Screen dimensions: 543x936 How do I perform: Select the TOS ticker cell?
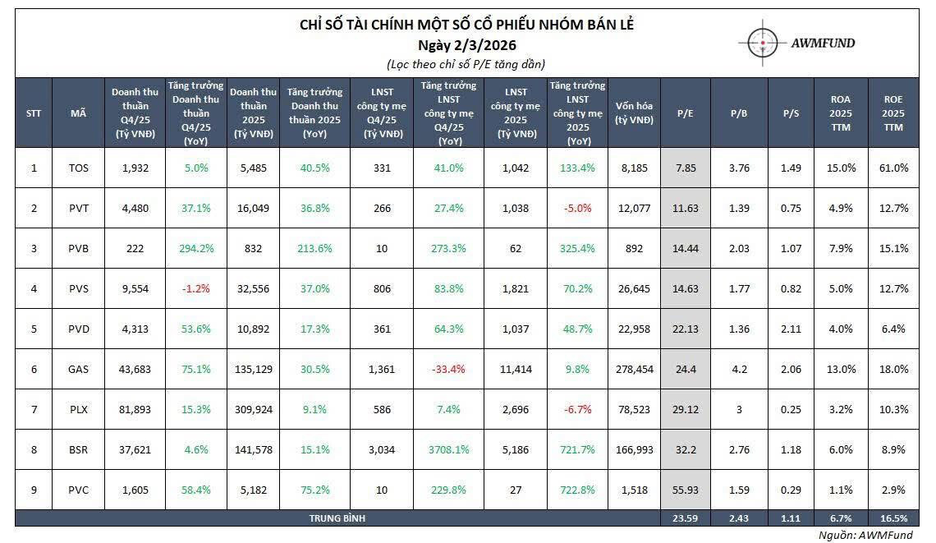pos(79,168)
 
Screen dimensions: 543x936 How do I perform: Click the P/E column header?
pos(686,113)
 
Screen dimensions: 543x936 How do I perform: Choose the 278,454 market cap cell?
pos(634,369)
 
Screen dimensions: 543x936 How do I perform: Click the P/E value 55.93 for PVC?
pos(686,490)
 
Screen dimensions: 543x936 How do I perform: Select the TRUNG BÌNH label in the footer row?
pos(337,518)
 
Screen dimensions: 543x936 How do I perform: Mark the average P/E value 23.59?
pos(686,518)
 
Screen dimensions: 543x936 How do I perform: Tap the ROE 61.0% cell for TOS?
pos(893,168)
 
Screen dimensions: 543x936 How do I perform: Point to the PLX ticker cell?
pos(79,409)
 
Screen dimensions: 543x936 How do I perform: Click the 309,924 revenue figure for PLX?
pos(253,409)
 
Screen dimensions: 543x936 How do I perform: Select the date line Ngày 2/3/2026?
pos(467,44)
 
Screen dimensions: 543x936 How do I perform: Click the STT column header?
pos(34,113)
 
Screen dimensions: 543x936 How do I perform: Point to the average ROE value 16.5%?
pos(893,518)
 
